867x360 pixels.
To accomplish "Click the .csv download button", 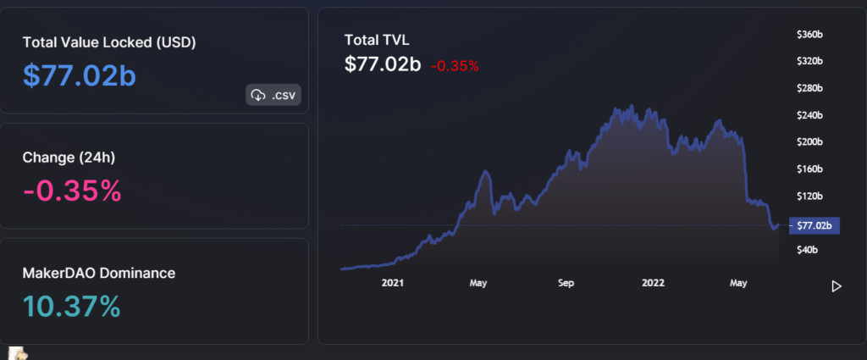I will coord(273,95).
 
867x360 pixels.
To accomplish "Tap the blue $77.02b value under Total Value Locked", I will coord(80,75).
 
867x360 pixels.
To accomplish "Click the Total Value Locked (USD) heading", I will coord(109,42).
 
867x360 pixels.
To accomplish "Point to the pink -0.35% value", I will coord(72,191).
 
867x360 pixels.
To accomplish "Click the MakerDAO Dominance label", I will coord(99,273).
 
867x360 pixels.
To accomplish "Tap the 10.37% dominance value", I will coord(72,306).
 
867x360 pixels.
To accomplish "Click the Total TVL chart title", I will coord(377,40).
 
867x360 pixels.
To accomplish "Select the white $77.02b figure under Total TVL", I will coord(383,64).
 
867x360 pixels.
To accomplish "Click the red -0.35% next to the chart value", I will coord(455,65).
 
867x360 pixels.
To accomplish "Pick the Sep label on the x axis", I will coord(566,285).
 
